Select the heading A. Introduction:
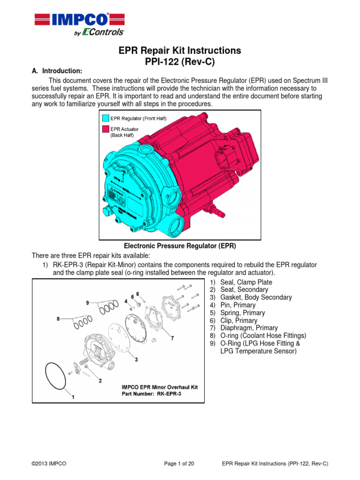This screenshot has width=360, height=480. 57,71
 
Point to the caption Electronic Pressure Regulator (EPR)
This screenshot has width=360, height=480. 180,246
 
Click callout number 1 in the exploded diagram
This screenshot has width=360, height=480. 73,396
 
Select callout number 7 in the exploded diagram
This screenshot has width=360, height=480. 173,337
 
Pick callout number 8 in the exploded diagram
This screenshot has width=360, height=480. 58,319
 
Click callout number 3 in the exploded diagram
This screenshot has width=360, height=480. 136,360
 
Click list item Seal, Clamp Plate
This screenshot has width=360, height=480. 246,282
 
